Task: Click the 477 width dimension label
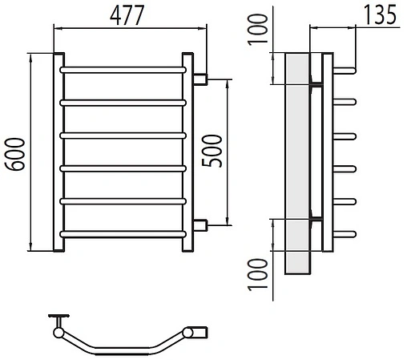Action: coord(127,15)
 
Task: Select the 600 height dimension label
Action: coord(14,154)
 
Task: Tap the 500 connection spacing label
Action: coord(212,151)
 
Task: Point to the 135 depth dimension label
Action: coord(381,14)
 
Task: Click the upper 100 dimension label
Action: coord(258,30)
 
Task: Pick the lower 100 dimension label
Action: coord(258,274)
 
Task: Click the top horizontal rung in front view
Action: coord(123,70)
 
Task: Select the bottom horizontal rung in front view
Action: coord(123,234)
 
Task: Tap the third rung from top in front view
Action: coord(123,136)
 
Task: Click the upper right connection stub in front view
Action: coord(200,79)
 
